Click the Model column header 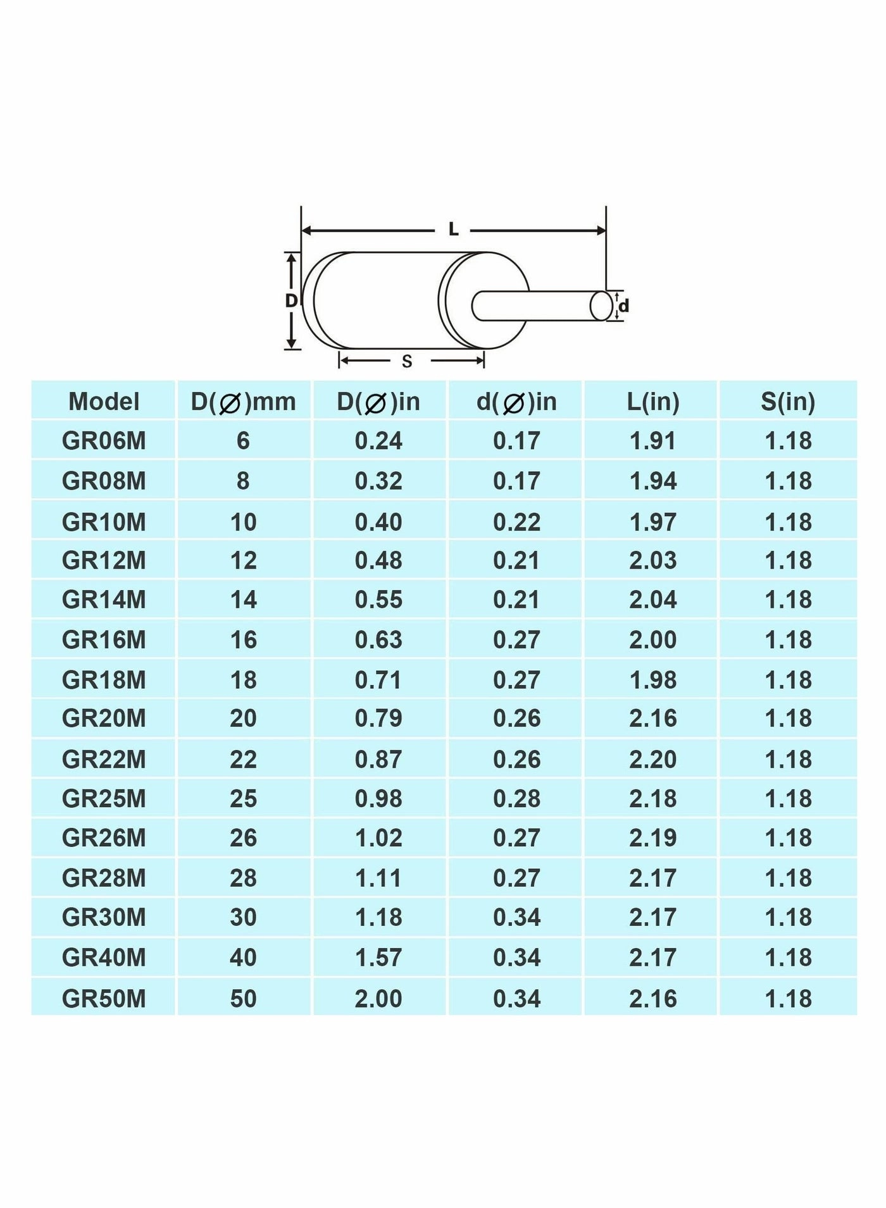pos(104,402)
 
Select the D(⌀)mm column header pos(244,402)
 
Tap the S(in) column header pos(788,402)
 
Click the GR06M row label pos(104,441)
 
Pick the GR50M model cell pos(104,999)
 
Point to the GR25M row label pos(104,799)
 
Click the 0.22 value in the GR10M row pos(517,522)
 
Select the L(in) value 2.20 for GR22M pos(653,759)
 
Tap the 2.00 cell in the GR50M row pos(378,999)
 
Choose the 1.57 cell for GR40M pos(378,958)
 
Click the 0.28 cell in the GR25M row pos(517,799)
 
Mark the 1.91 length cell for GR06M pos(653,441)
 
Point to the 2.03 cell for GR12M pos(653,560)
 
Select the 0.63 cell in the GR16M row pos(378,639)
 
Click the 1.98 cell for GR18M pos(653,680)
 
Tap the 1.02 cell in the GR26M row pos(378,838)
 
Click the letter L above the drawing pos(453,230)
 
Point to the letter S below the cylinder pos(407,362)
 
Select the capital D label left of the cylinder pos(291,301)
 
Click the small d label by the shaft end pos(624,307)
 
